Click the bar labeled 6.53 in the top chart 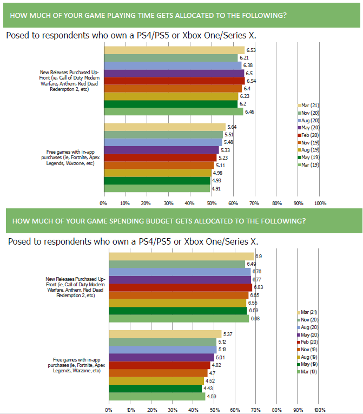(173, 50)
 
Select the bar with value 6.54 (174, 81)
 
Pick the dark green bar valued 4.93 (157, 180)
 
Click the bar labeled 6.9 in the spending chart (181, 256)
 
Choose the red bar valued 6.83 (181, 287)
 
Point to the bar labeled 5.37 (165, 334)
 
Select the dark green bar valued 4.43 (155, 388)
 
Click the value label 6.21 (243, 57)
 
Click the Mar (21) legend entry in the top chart (309, 105)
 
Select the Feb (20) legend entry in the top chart (309, 134)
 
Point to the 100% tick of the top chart (320, 203)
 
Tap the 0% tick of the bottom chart (109, 410)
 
